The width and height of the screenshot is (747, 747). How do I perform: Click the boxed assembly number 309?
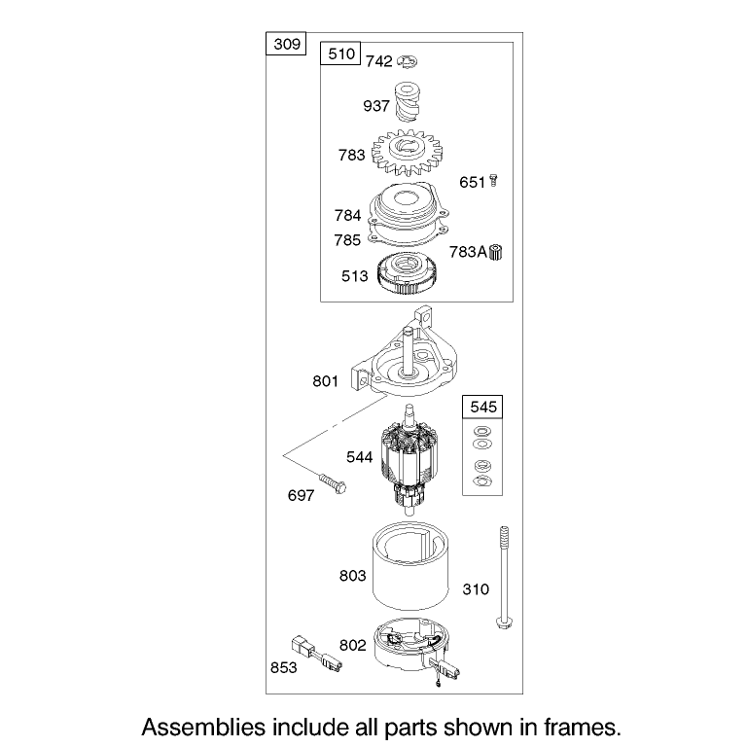pos(286,44)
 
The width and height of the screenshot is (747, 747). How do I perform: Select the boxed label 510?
pos(341,53)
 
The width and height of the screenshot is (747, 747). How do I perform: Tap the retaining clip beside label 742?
pos(407,61)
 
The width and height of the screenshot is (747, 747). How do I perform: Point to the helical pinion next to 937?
pos(407,102)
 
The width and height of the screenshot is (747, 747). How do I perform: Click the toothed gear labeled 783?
pos(407,153)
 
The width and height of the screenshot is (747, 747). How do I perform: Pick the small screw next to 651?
pos(493,181)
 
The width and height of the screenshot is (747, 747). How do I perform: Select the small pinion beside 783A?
pos(496,252)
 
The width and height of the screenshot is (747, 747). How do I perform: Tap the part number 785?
pos(347,239)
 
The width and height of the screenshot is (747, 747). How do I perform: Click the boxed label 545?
pos(482,407)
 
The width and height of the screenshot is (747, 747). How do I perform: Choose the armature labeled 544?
pos(409,460)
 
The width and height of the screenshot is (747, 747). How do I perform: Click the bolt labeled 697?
pos(333,483)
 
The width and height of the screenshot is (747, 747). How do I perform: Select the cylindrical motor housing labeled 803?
pos(410,566)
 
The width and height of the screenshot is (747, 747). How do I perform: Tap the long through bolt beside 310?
pos(504,578)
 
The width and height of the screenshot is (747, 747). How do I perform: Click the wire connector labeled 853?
pos(316,653)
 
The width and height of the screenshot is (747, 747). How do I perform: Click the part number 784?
pos(347,215)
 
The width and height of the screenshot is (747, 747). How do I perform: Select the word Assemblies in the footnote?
pos(203,728)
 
